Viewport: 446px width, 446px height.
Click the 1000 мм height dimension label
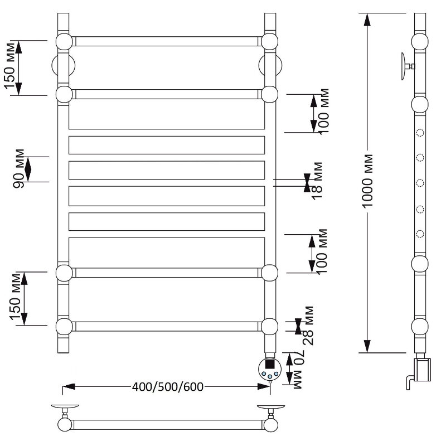coord(367,181)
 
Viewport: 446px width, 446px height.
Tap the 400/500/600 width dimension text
coord(168,387)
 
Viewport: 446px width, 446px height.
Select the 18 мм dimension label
coord(317,181)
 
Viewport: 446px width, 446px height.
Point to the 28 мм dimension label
coord(308,326)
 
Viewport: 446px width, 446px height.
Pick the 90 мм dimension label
coord(19,169)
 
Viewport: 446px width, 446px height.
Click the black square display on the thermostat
coord(270,365)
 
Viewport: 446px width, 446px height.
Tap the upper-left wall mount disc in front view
coord(63,65)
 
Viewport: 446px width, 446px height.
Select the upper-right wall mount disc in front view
coord(270,65)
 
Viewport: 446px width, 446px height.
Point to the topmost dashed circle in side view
coord(420,133)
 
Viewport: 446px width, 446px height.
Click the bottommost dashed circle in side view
coord(420,234)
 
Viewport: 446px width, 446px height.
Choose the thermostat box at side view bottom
coord(423,370)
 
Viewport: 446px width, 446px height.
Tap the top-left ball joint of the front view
coord(64,42)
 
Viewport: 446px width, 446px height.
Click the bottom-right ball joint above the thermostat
coord(269,327)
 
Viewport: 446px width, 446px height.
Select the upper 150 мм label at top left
coord(9,66)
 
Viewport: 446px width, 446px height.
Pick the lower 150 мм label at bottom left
coord(16,297)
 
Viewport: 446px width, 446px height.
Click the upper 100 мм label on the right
coord(323,111)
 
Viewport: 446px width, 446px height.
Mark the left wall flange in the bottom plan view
coord(65,407)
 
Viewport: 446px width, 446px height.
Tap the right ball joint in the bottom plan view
coord(270,425)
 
